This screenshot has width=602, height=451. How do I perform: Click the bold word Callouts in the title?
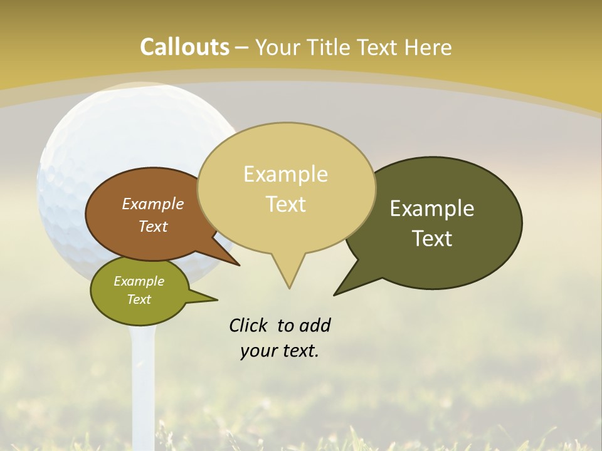coord(184,47)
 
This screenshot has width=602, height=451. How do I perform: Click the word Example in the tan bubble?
coord(285,174)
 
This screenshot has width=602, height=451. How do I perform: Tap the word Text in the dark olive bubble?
coord(432,239)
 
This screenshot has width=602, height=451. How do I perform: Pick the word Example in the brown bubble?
coord(152,204)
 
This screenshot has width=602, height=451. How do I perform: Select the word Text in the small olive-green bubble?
coord(139,299)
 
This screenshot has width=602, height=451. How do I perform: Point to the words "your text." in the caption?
coord(279,351)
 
